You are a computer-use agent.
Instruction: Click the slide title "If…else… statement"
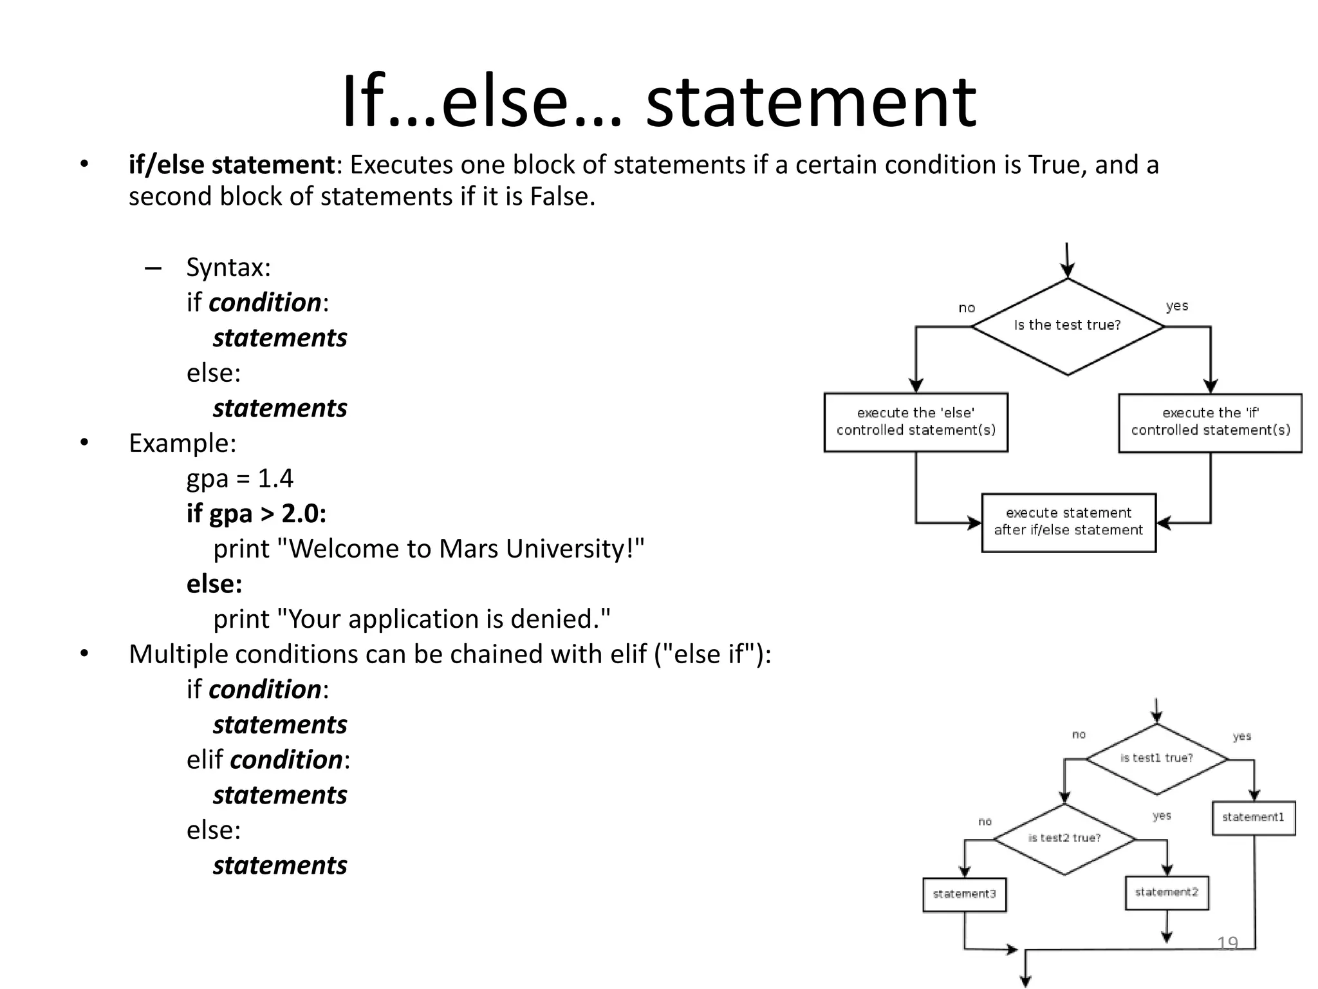(658, 102)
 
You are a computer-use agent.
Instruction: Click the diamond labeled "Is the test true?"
(1067, 326)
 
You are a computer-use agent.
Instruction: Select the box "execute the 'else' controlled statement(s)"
(915, 422)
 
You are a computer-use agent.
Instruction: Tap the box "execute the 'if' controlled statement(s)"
(1210, 422)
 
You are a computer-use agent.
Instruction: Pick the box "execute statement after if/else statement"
(1068, 522)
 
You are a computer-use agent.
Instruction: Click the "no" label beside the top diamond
(967, 308)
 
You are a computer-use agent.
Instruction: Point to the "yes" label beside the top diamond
(1176, 306)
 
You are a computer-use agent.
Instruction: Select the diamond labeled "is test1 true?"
(1156, 758)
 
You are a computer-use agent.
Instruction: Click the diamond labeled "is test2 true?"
(1064, 838)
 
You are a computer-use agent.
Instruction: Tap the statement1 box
(1252, 818)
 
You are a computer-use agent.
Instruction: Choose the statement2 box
(1166, 892)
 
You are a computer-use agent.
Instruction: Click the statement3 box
(964, 894)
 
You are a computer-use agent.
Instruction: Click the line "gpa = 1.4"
(239, 478)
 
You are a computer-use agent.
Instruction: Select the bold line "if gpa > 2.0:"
(256, 514)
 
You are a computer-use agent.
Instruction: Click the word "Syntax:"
(228, 268)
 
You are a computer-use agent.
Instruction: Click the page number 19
(1227, 943)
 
